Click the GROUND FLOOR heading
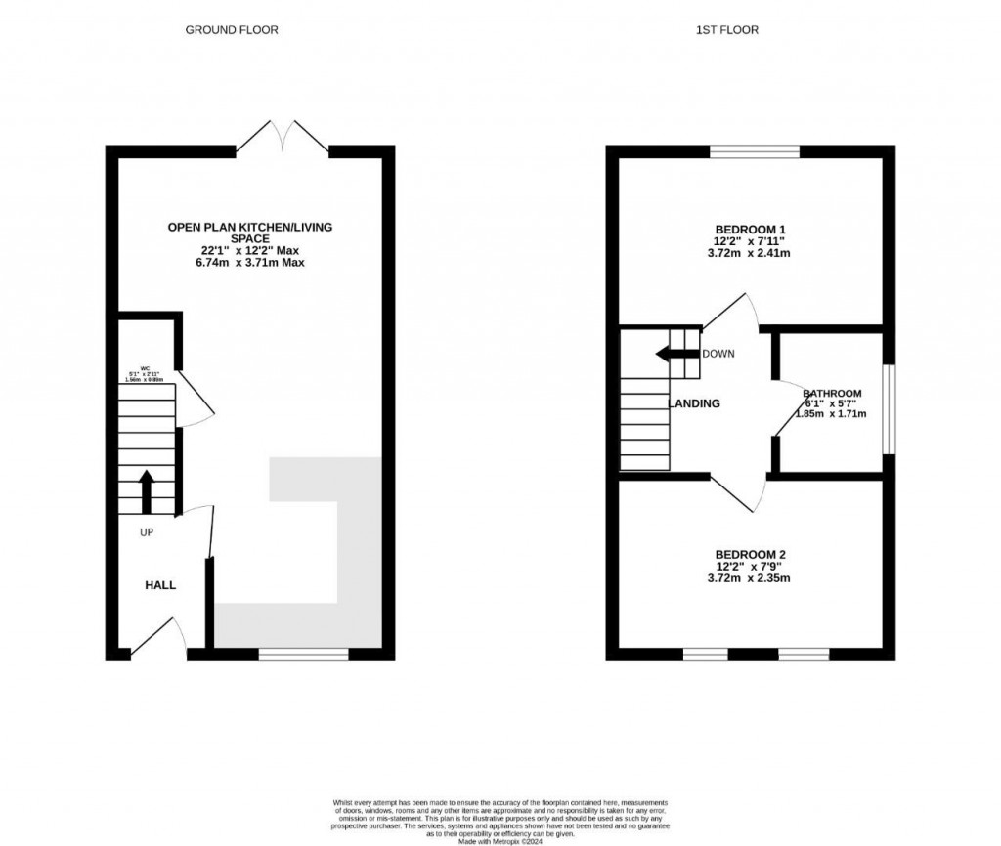pos(232,30)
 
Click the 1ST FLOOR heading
pos(726,30)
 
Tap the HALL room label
pos(160,585)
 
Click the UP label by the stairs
pos(147,532)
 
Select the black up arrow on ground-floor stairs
pos(147,491)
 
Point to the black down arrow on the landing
pos(676,354)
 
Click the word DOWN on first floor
pos(718,354)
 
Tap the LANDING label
pos(694,403)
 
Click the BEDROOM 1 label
pos(749,229)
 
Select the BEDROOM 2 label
pos(749,554)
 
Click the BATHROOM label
pos(832,393)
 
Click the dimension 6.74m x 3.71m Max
pos(249,262)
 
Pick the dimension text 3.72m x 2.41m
pos(749,252)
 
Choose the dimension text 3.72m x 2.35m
pos(749,577)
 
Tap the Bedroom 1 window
pos(754,151)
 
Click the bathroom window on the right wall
pos(888,409)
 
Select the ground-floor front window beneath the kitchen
pos(303,655)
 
